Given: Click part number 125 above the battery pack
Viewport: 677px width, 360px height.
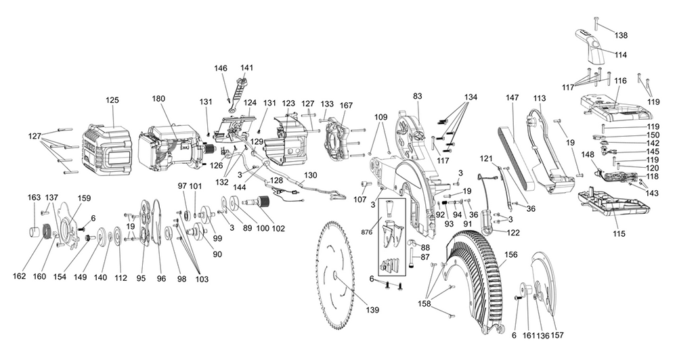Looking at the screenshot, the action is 112,100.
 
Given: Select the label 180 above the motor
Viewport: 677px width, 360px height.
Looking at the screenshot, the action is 159,98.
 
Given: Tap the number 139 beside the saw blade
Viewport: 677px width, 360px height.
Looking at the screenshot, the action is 372,310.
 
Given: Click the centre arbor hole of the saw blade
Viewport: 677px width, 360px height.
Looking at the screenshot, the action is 336,275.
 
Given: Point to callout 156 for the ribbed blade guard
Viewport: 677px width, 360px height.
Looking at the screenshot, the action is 510,254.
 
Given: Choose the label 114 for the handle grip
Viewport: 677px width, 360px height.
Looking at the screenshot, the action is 620,55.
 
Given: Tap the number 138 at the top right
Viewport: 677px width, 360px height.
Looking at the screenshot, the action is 621,35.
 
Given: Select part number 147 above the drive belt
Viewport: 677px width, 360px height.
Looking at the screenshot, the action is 512,98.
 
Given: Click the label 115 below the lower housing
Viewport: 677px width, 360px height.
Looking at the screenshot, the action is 619,233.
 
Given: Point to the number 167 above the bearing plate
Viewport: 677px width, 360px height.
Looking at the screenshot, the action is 346,106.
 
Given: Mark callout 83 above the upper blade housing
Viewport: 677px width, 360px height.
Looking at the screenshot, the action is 418,96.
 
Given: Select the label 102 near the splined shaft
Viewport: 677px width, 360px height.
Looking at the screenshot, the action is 278,229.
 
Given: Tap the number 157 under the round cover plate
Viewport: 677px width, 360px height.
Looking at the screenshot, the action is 557,335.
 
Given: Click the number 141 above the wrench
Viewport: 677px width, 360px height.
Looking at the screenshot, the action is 247,68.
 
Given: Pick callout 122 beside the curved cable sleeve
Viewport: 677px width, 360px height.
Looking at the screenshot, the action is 513,233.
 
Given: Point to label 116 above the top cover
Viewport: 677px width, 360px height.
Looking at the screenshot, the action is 620,81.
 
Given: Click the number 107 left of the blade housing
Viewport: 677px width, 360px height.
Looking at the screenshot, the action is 359,200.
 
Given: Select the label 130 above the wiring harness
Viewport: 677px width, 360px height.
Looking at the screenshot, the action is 311,175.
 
